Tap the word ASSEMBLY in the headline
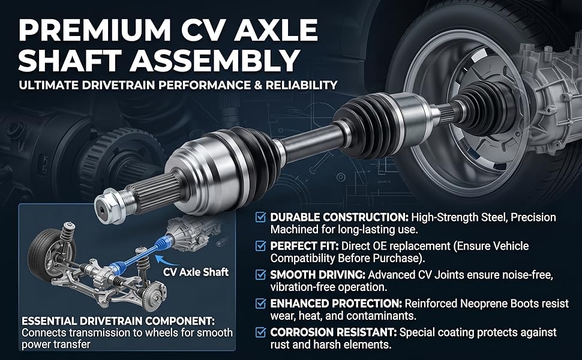coord(215,59)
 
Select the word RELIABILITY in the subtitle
coord(298,85)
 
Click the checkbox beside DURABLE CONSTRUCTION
coord(261,217)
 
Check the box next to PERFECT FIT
coord(261,245)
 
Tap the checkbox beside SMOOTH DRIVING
coord(261,275)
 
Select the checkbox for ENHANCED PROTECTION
coord(261,303)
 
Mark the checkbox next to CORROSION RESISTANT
coord(261,332)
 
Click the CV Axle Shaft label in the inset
coord(196,272)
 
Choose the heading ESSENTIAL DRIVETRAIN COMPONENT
coord(118,320)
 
